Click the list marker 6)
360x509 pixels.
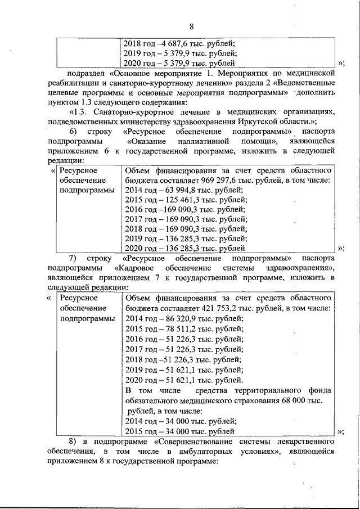tap(73, 131)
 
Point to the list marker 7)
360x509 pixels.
tap(73, 258)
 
